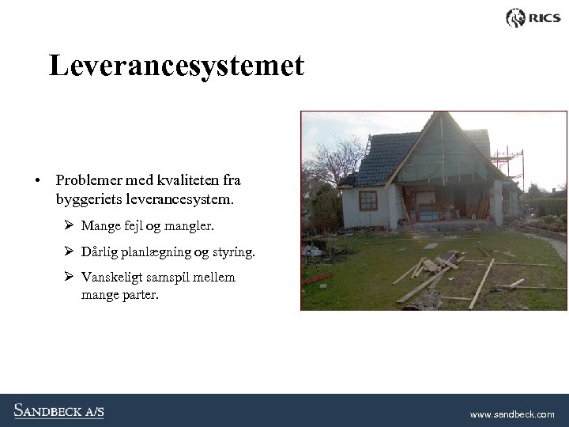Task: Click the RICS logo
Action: point(533,17)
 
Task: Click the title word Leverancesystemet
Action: point(175,66)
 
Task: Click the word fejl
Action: point(135,226)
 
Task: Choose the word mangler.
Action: point(190,226)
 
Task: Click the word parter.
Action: point(139,295)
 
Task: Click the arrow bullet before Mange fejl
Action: point(69,225)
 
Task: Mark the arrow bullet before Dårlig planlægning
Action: point(69,251)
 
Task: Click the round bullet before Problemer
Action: point(37,181)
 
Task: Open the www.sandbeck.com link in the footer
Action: point(512,414)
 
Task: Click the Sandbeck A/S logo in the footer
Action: point(58,410)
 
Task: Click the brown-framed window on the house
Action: point(367,199)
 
